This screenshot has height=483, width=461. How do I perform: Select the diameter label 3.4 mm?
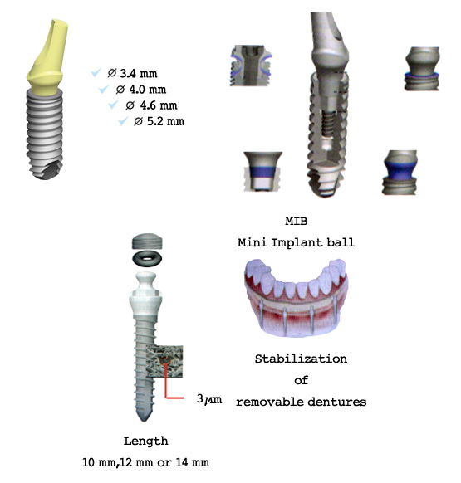coord(133,74)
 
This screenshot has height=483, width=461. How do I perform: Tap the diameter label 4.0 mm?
coord(141,90)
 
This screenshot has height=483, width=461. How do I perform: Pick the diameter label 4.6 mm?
coord(151,105)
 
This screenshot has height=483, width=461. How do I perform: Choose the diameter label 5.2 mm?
coord(159,122)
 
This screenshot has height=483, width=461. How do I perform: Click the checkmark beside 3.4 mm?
coord(96,73)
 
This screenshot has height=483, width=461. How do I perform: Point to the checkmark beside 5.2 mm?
coord(123,121)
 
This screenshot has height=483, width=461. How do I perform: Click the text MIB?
coord(297,222)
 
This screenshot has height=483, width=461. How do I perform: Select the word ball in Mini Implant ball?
coord(341,242)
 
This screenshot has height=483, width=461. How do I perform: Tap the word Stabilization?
coord(301,359)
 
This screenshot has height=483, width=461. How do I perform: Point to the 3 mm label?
coord(209,399)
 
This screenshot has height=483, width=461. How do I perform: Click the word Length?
coord(146,442)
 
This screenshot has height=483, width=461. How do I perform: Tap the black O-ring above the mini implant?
coord(147,259)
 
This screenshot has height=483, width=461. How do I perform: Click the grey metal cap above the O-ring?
coord(147,242)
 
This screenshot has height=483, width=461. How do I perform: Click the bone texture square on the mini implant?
coord(164,361)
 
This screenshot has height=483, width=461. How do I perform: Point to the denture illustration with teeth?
coord(297,297)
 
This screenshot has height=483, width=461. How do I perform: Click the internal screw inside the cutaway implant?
coord(329,123)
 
